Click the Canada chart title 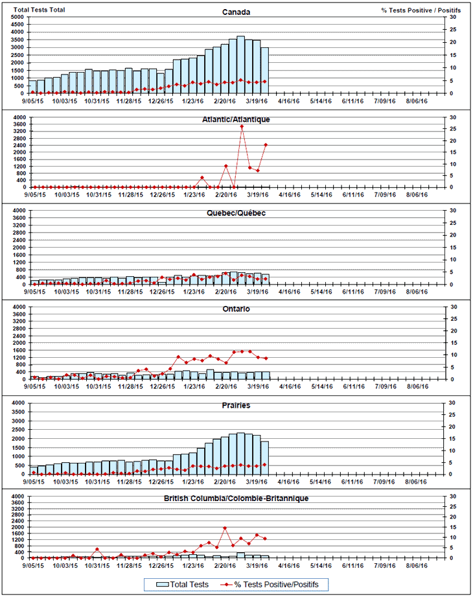click(236, 12)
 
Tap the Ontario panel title click(237, 309)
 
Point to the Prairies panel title click(237, 405)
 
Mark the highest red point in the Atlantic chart click(242, 126)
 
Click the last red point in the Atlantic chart click(265, 145)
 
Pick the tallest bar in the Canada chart click(240, 65)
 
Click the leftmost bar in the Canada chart click(32, 86)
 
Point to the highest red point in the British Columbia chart click(225, 528)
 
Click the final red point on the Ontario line click(265, 358)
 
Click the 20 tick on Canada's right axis click(453, 42)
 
